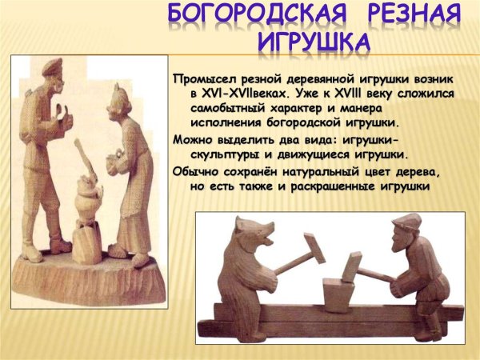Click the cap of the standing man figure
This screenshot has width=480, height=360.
[x=53, y=65]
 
